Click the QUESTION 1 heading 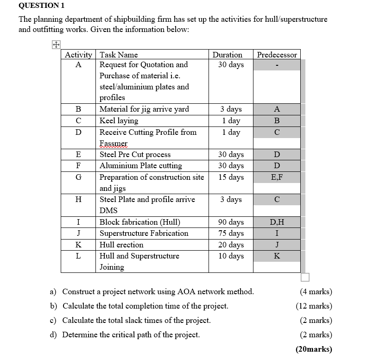pyautogui.click(x=41, y=6)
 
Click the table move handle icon pyautogui.click(x=56, y=45)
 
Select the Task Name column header pyautogui.click(x=119, y=55)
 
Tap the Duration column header pyautogui.click(x=227, y=55)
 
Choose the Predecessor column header pyautogui.click(x=277, y=55)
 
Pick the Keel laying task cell pyautogui.click(x=119, y=120)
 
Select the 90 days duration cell pyautogui.click(x=231, y=222)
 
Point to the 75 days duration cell pyautogui.click(x=231, y=233)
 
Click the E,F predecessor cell pyautogui.click(x=277, y=177)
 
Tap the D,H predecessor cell pyautogui.click(x=277, y=222)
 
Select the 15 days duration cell pyautogui.click(x=231, y=177)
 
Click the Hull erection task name pyautogui.click(x=121, y=245)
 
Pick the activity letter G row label pyautogui.click(x=78, y=177)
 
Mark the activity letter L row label pyautogui.click(x=78, y=256)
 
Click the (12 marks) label pyautogui.click(x=314, y=306)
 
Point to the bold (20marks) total pyautogui.click(x=314, y=349)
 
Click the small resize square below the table pyautogui.click(x=305, y=277)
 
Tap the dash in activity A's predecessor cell pyautogui.click(x=277, y=65)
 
